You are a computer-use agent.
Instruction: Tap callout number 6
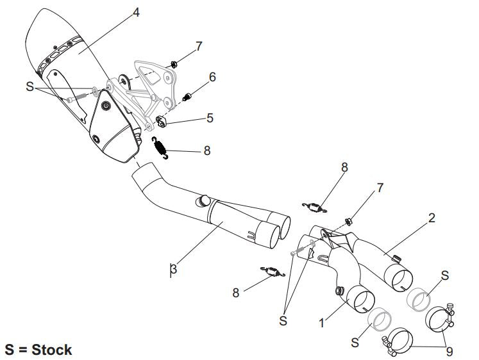pyautogui.click(x=212, y=76)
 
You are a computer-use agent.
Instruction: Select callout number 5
pyautogui.click(x=210, y=119)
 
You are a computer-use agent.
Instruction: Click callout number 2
pyautogui.click(x=432, y=218)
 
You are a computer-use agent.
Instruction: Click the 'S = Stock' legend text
pyautogui.click(x=38, y=350)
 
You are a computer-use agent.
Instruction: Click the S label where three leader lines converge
pyautogui.click(x=283, y=321)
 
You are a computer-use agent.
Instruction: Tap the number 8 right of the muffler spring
pyautogui.click(x=206, y=152)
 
